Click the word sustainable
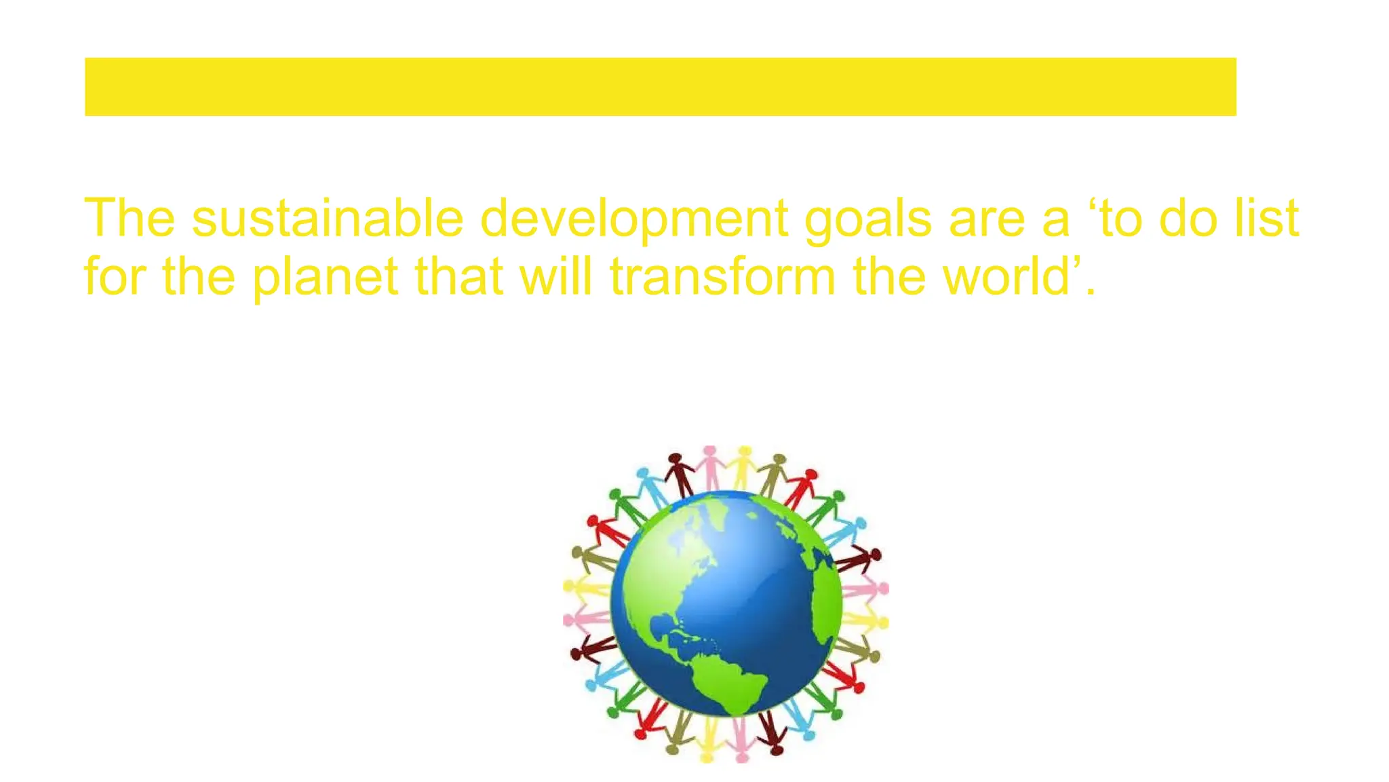tap(327, 219)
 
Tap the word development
tap(633, 219)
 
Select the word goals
tap(867, 219)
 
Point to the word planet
tap(325, 277)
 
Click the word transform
tap(722, 277)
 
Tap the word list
tap(1266, 219)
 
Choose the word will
tap(555, 277)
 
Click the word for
tap(115, 277)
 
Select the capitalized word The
tap(130, 219)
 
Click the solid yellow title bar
tap(660, 87)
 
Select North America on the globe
tap(671, 563)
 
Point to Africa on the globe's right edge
tap(826, 597)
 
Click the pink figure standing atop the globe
tap(710, 467)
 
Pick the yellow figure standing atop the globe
tap(744, 467)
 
